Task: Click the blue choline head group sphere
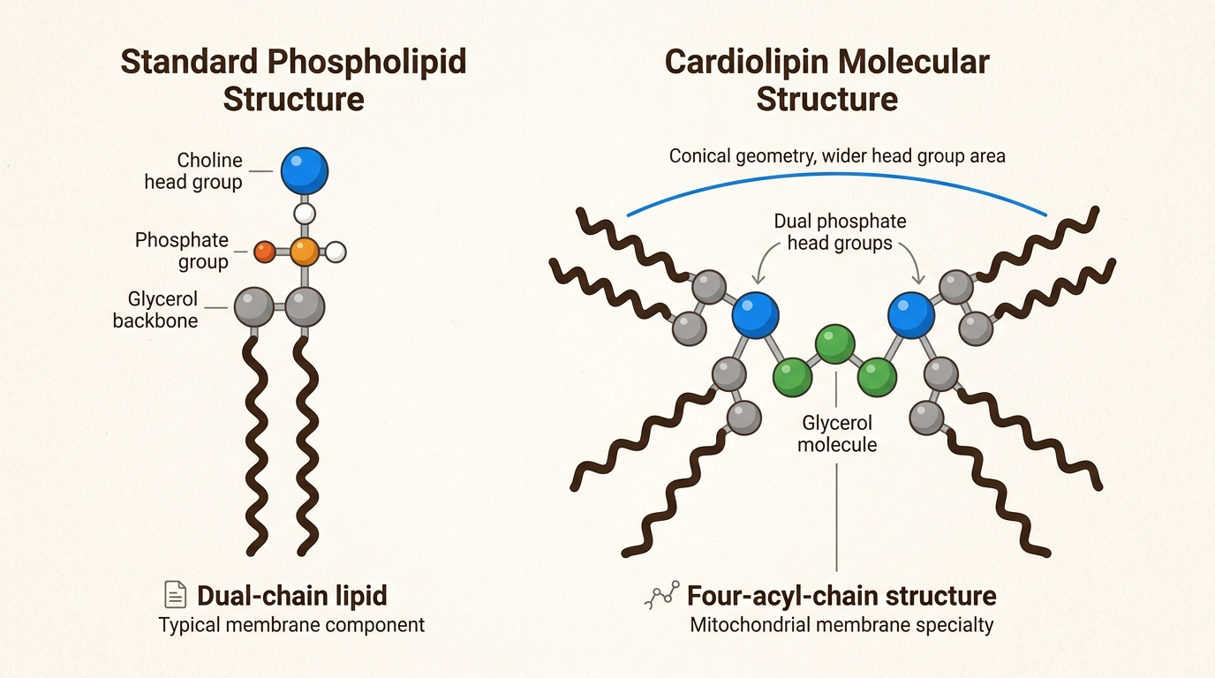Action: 304,170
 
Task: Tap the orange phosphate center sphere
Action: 304,252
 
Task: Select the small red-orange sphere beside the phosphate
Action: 264,252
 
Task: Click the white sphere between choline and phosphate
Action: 304,213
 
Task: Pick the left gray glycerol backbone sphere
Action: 254,307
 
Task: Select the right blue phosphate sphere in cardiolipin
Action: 911,315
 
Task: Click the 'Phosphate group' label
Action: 182,251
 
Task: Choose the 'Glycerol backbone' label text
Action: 155,309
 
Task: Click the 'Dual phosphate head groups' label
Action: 840,232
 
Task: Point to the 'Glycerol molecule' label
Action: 837,433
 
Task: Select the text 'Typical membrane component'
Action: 291,625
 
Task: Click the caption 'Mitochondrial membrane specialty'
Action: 841,625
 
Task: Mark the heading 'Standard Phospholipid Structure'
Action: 293,80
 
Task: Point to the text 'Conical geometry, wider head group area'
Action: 837,156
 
